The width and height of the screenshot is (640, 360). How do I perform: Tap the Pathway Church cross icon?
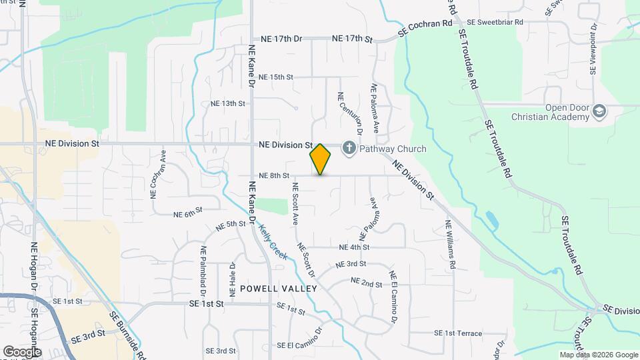pyautogui.click(x=349, y=148)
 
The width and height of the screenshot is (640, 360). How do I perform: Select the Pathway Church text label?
pyautogui.click(x=393, y=149)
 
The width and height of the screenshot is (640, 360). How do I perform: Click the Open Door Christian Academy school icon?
pyautogui.click(x=599, y=111)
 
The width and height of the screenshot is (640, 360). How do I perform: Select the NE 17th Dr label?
pyautogui.click(x=282, y=39)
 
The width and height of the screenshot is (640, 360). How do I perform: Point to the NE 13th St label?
pyautogui.click(x=228, y=104)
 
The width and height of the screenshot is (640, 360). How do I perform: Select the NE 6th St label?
pyautogui.click(x=187, y=214)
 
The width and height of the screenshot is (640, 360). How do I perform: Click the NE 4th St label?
pyautogui.click(x=355, y=247)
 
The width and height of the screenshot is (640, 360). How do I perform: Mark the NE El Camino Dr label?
pyautogui.click(x=393, y=297)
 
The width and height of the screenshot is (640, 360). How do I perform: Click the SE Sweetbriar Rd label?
pyautogui.click(x=495, y=22)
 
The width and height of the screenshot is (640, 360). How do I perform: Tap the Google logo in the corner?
pyautogui.click(x=22, y=351)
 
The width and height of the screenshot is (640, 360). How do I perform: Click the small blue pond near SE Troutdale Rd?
pyautogui.click(x=492, y=219)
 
